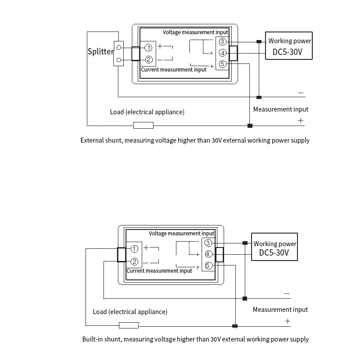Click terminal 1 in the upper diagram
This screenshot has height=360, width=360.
pyautogui.click(x=148, y=48)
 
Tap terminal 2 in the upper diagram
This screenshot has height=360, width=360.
pyautogui.click(x=148, y=59)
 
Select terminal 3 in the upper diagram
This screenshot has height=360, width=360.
pyautogui.click(x=222, y=42)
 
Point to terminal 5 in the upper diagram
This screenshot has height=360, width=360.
pyautogui.click(x=222, y=64)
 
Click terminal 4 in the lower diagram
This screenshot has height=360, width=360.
pyautogui.click(x=208, y=254)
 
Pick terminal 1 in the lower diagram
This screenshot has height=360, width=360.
pyautogui.click(x=134, y=249)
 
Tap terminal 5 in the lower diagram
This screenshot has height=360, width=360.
pyautogui.click(x=208, y=265)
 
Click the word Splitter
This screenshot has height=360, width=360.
pyautogui.click(x=100, y=51)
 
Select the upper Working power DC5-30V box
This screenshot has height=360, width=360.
pyautogui.click(x=289, y=46)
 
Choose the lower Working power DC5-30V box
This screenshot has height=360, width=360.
pyautogui.click(x=275, y=247)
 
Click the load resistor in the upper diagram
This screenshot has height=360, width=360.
pyautogui.click(x=143, y=125)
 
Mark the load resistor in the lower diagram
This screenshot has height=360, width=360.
pyautogui.click(x=129, y=325)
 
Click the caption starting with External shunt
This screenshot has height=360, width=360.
pyautogui.click(x=195, y=140)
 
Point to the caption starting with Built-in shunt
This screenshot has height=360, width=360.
pyautogui.click(x=195, y=339)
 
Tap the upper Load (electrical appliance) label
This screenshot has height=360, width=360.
pyautogui.click(x=147, y=112)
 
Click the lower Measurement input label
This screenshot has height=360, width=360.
pyautogui.click(x=280, y=310)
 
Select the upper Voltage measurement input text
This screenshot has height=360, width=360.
pyautogui.click(x=195, y=32)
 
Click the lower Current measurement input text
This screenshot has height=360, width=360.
pyautogui.click(x=159, y=271)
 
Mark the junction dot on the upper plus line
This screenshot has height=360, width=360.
pyautogui.click(x=250, y=126)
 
